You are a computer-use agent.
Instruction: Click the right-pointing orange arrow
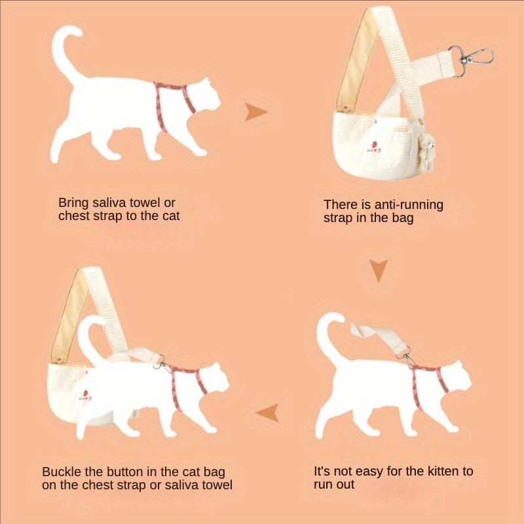[x=255, y=111]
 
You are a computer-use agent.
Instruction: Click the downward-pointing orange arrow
[x=379, y=270]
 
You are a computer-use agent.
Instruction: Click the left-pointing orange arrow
[x=268, y=413]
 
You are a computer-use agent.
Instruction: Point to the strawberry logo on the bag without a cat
[x=374, y=147]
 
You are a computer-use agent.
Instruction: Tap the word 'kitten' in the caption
[x=439, y=471]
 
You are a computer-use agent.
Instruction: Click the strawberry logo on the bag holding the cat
[x=85, y=396]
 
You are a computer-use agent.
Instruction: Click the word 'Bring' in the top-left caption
[x=73, y=203]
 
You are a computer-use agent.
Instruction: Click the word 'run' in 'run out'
[x=322, y=485]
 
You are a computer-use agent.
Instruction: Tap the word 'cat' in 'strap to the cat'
[x=171, y=216]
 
